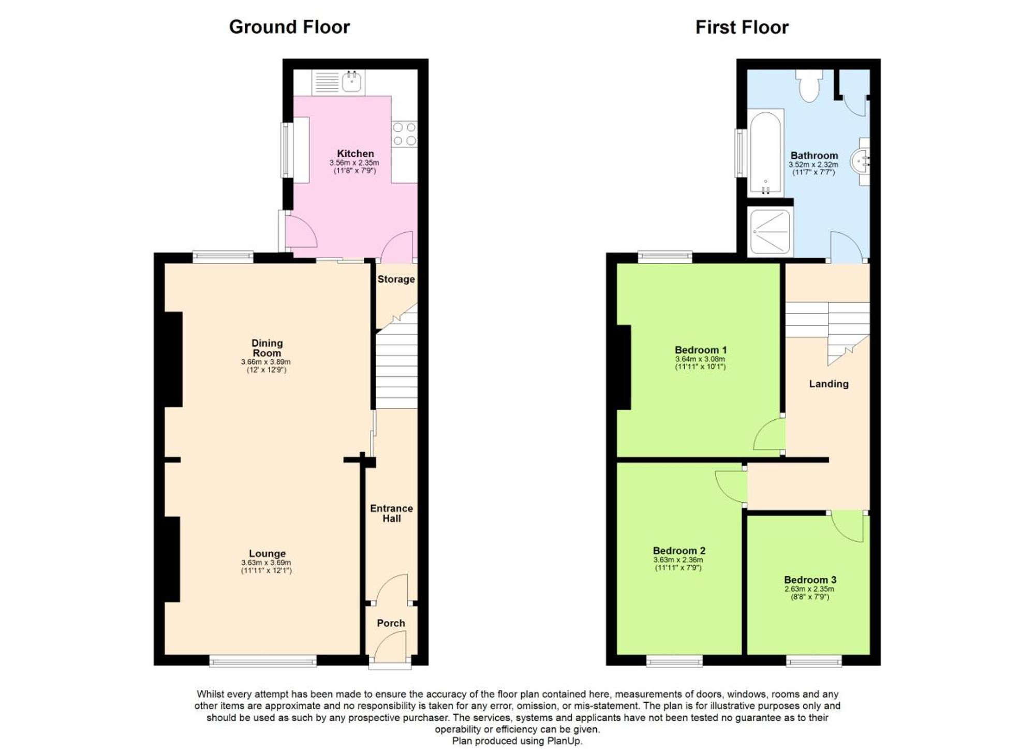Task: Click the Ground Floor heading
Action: coord(289,27)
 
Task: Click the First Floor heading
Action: coord(742,27)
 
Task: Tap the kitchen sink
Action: coord(352,81)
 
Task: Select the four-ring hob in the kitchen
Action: coord(404,134)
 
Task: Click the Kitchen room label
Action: coord(355,154)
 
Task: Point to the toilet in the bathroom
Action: coord(809,86)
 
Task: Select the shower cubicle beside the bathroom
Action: coord(770,231)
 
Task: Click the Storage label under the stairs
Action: coord(396,279)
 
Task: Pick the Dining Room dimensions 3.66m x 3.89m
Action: coord(266,362)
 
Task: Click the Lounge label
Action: coord(267,553)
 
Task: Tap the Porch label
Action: coord(391,623)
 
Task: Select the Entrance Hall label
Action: coord(391,513)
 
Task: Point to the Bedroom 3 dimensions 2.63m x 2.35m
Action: coord(809,589)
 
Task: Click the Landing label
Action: coord(829,384)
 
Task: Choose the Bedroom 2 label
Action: coord(679,551)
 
